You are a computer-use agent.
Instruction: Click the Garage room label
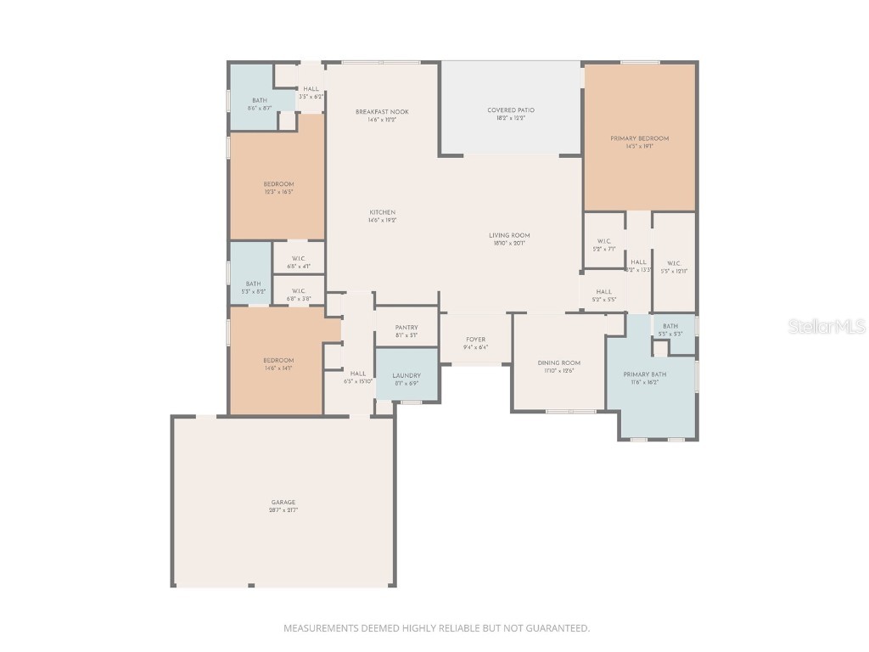(x=283, y=503)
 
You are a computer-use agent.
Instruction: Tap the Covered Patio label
(x=511, y=110)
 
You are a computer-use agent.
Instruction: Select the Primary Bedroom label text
(x=640, y=138)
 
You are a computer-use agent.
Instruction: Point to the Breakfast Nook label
(x=382, y=112)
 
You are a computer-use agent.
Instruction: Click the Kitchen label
(x=382, y=213)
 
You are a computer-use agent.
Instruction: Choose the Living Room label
(x=509, y=236)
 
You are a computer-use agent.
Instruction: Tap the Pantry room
(x=406, y=327)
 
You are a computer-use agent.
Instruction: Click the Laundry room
(x=406, y=375)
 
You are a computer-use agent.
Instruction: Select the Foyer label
(x=475, y=340)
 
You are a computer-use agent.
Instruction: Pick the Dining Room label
(x=559, y=363)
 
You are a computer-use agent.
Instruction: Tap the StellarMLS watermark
(x=827, y=326)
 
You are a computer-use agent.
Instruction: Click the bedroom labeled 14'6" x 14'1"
(x=278, y=361)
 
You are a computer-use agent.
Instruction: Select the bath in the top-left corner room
(x=259, y=101)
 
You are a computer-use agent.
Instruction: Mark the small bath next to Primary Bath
(x=670, y=327)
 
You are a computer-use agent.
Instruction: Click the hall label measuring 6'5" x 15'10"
(x=358, y=374)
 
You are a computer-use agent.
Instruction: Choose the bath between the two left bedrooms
(x=253, y=284)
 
